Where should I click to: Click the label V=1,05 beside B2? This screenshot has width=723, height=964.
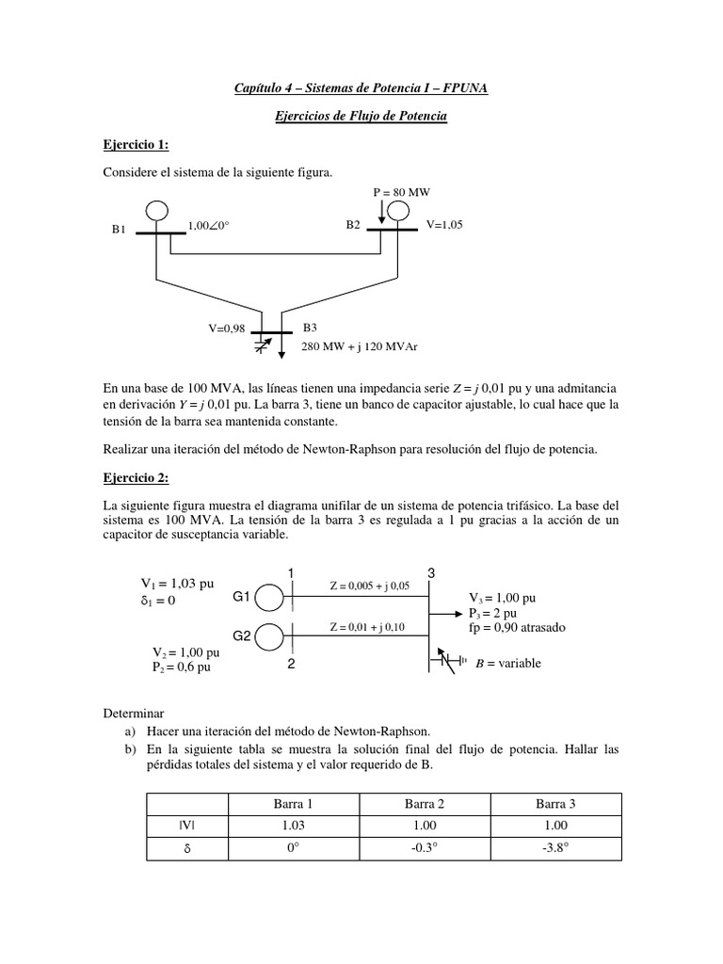pos(444,225)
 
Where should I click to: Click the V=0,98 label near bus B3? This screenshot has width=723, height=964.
pos(230,329)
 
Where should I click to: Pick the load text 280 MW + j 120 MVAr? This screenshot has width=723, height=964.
pos(359,346)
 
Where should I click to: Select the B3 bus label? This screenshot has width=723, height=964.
pos(311,328)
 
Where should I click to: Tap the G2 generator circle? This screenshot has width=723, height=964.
pos(270,636)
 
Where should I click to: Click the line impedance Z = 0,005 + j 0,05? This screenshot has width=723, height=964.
pos(368,586)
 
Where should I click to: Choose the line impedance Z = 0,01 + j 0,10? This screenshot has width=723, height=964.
pos(367,627)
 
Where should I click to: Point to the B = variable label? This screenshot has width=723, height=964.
pos(508,663)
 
